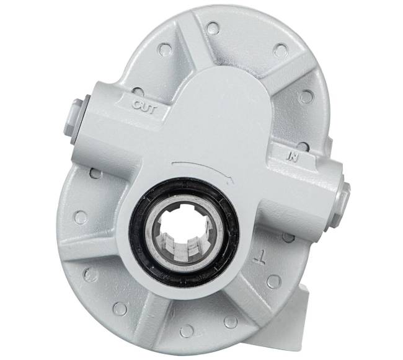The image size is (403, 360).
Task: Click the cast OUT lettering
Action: tap(147, 105)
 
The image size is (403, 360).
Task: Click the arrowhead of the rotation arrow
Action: tap(232, 179)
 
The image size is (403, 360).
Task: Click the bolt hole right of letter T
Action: tap(288, 237)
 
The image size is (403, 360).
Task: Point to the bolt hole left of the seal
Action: tap(80, 217)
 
